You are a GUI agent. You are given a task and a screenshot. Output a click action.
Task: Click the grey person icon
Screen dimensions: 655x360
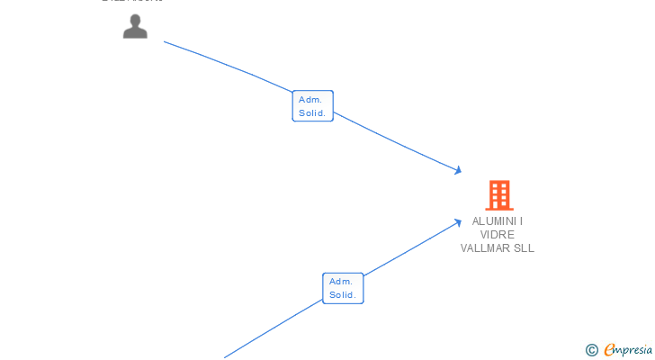135,27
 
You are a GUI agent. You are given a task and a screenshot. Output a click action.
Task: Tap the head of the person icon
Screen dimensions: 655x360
135,20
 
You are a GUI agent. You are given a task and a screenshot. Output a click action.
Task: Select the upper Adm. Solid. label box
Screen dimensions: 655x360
312,106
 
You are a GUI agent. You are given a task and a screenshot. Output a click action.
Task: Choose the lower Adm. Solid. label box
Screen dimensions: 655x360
343,288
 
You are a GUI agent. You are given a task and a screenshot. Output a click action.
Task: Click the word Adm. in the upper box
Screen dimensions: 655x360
311,100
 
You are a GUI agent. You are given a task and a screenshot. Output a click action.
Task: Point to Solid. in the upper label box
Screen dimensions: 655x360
312,113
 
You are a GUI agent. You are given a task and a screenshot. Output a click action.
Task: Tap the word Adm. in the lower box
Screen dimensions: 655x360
342,282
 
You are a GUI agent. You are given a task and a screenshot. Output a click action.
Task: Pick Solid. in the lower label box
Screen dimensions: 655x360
343,295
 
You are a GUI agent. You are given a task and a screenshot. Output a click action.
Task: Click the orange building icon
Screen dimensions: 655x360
498,194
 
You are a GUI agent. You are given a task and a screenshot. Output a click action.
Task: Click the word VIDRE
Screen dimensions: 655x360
498,235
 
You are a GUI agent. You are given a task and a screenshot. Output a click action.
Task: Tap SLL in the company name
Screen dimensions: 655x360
525,248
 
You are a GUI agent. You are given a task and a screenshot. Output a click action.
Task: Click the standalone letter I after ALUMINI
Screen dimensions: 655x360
521,221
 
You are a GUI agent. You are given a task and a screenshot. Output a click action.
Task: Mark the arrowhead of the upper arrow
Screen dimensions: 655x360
459,170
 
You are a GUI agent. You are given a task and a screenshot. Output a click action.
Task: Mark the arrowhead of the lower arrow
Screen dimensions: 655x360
459,221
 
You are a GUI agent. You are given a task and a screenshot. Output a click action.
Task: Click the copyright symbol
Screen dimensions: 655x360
592,350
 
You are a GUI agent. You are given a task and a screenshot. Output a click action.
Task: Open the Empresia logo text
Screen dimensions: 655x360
628,349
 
